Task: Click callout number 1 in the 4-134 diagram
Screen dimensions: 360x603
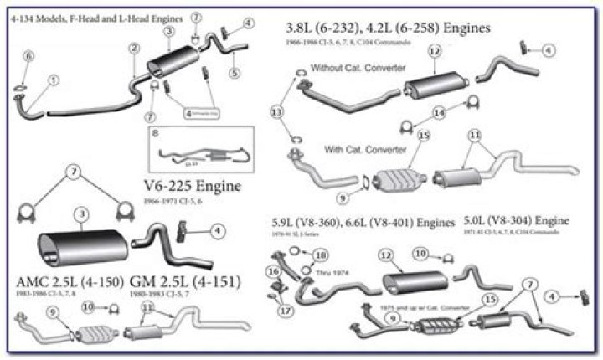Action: click(54, 80)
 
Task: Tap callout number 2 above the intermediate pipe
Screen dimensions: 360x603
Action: click(133, 49)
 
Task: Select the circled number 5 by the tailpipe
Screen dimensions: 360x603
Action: click(234, 73)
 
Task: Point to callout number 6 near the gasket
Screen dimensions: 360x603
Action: click(28, 56)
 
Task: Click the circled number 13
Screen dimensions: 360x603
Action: click(277, 111)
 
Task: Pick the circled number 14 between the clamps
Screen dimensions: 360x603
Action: click(439, 111)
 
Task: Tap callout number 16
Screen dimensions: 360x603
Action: click(273, 271)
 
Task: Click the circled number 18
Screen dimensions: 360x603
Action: click(322, 255)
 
